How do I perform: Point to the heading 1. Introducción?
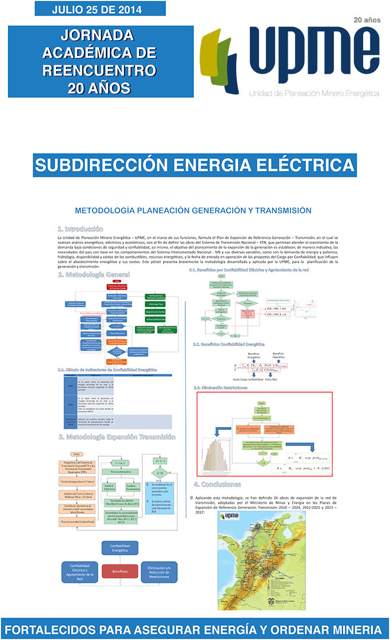click(81, 228)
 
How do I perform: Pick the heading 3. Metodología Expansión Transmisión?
click(117, 421)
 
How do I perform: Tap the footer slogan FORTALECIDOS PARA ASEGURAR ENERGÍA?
click(195, 629)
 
